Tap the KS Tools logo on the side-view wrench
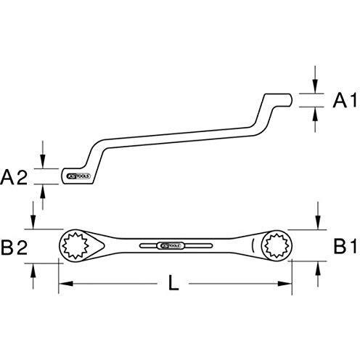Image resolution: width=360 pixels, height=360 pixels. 77,177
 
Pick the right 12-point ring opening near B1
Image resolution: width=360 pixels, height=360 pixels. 277,246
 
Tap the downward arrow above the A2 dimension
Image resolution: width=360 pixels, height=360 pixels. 44,162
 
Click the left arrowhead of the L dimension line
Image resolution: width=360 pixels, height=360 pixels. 63,283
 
